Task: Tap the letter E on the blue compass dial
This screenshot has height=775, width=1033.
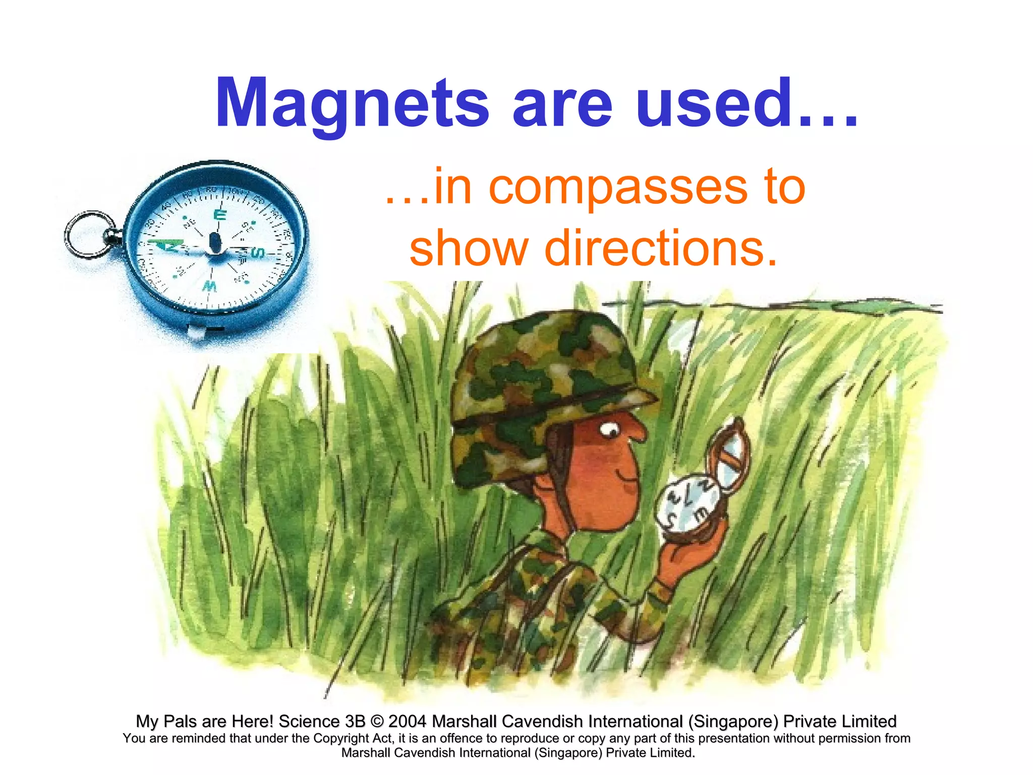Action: (x=220, y=215)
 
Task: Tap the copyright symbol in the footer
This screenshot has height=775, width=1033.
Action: (x=377, y=722)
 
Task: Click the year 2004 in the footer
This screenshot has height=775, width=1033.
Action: (x=407, y=722)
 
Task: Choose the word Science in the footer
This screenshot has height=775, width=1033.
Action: (x=309, y=722)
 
